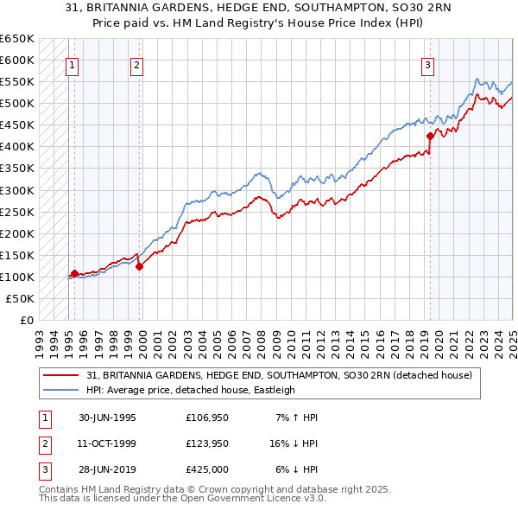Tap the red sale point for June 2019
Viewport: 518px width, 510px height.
[x=430, y=136]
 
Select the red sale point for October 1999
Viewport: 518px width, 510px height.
[x=139, y=266]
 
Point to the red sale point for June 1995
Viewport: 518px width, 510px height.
[x=74, y=273]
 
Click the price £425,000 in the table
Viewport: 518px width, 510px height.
[x=207, y=469]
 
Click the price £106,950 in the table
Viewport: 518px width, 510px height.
[x=207, y=418]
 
